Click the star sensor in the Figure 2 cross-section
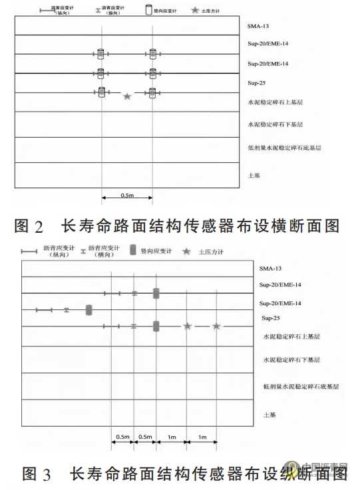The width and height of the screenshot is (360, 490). pyautogui.click(x=126, y=96)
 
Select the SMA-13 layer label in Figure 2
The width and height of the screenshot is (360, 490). pyautogui.click(x=258, y=27)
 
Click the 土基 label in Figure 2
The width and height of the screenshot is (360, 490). pyautogui.click(x=254, y=175)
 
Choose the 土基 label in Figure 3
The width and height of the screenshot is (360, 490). pyautogui.click(x=270, y=416)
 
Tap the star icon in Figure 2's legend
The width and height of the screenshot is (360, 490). pyautogui.click(x=196, y=11)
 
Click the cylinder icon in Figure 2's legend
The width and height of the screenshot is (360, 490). pyautogui.click(x=148, y=11)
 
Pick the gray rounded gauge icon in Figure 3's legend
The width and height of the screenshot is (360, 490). pyautogui.click(x=133, y=250)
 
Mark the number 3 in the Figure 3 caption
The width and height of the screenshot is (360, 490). pyautogui.click(x=46, y=475)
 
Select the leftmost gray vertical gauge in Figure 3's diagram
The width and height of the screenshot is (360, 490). pyautogui.click(x=89, y=310)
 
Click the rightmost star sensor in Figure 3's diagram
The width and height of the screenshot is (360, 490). pyautogui.click(x=216, y=326)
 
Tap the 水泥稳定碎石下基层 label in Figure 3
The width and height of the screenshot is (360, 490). pyautogui.click(x=292, y=360)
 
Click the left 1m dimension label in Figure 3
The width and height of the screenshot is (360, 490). pyautogui.click(x=172, y=437)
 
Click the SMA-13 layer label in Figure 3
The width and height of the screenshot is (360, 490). pyautogui.click(x=271, y=269)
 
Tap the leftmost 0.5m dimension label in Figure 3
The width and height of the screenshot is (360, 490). pyautogui.click(x=122, y=437)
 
